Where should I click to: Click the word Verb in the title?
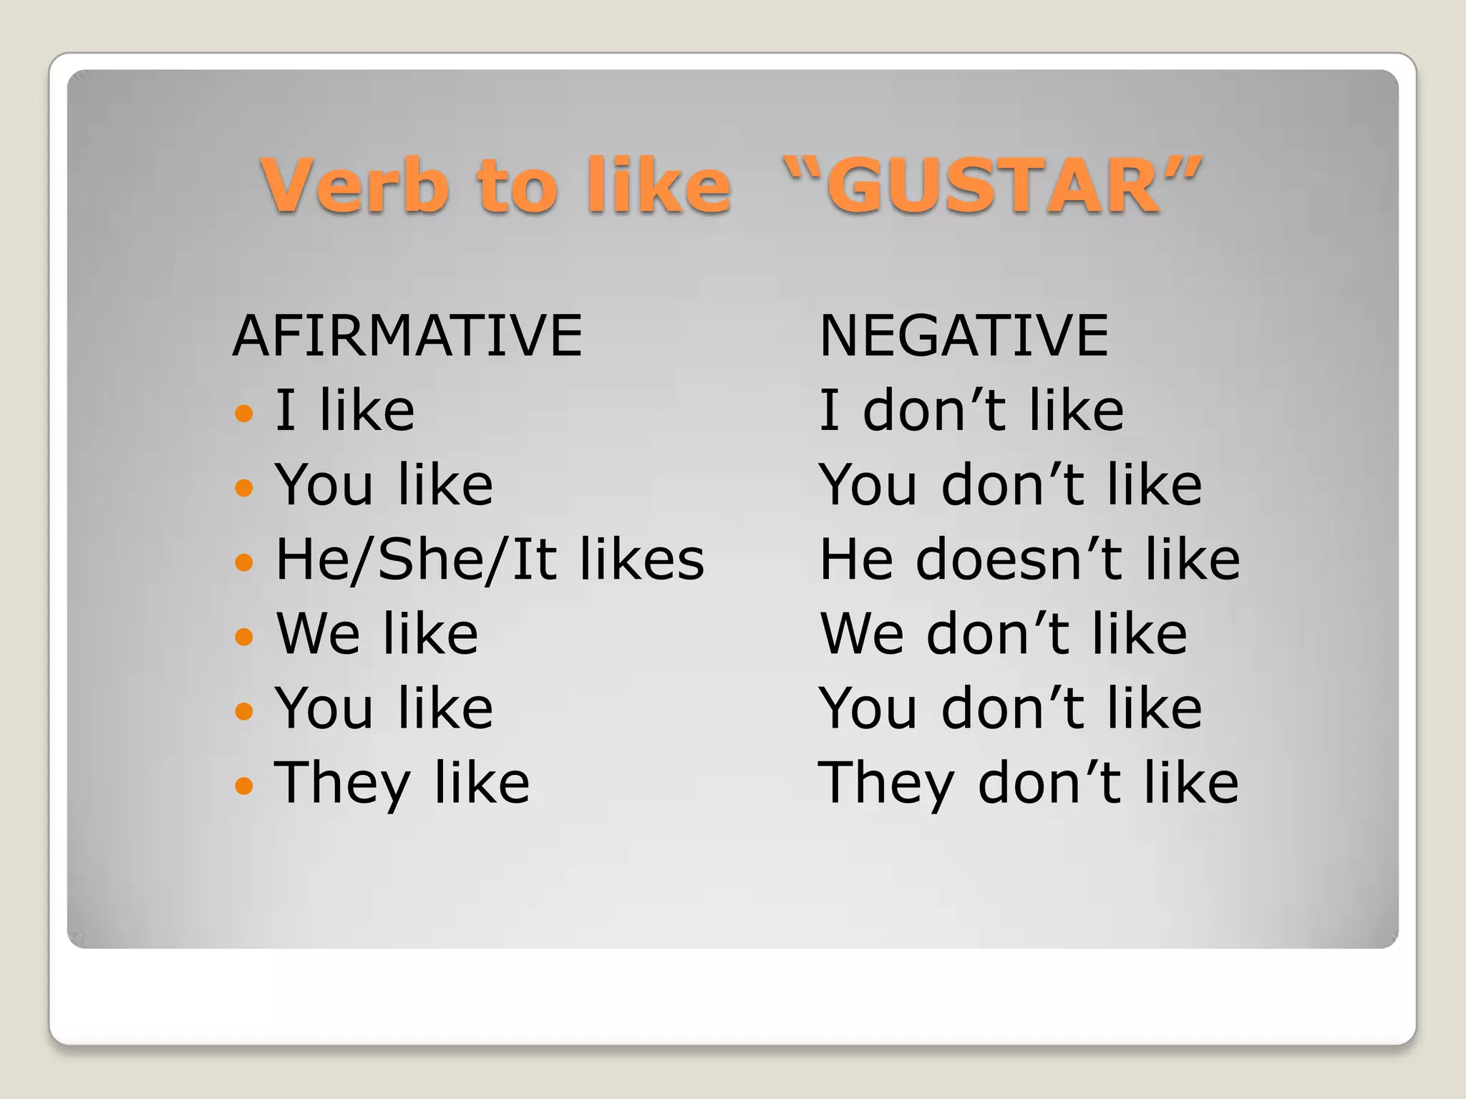coord(356,185)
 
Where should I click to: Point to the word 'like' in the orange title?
coord(659,185)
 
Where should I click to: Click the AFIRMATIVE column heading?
coord(407,336)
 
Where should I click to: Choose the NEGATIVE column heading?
coord(963,336)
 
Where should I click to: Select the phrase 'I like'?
coord(345,411)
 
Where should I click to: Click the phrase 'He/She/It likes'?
coord(490,560)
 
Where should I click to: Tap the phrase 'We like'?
coord(377,634)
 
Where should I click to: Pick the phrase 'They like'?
coord(402,783)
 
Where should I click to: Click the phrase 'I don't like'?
coord(971,411)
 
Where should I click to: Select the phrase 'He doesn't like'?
coord(1029,560)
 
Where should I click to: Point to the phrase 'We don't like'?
coord(1004,634)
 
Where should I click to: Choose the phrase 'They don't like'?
coord(1028,783)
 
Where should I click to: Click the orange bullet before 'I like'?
coord(244,413)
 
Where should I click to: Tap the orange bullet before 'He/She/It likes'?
coord(244,562)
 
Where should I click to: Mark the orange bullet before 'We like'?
coord(244,636)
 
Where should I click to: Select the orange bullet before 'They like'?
coord(244,786)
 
